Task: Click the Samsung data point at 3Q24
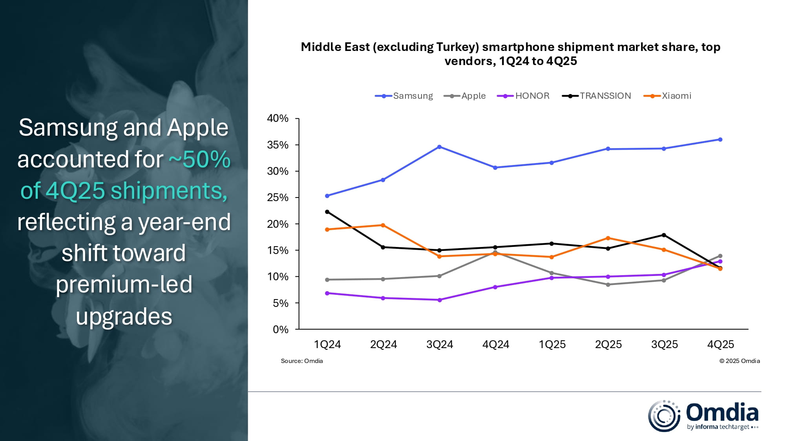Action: click(x=439, y=147)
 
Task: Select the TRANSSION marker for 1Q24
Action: click(x=327, y=212)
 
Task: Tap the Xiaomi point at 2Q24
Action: click(x=383, y=225)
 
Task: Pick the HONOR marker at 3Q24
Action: click(x=440, y=300)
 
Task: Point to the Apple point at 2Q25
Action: click(x=608, y=285)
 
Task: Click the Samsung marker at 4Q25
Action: click(x=720, y=140)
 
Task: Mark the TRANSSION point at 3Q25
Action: click(x=664, y=235)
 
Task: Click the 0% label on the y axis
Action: click(x=280, y=330)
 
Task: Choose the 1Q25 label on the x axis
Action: click(x=552, y=345)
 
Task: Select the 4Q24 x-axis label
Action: click(x=496, y=345)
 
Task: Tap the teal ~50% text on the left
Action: click(x=199, y=160)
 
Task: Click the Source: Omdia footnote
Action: click(x=301, y=361)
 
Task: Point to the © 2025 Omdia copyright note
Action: click(x=739, y=361)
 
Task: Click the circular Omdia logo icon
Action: click(x=664, y=416)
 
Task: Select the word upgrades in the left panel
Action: click(x=124, y=317)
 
